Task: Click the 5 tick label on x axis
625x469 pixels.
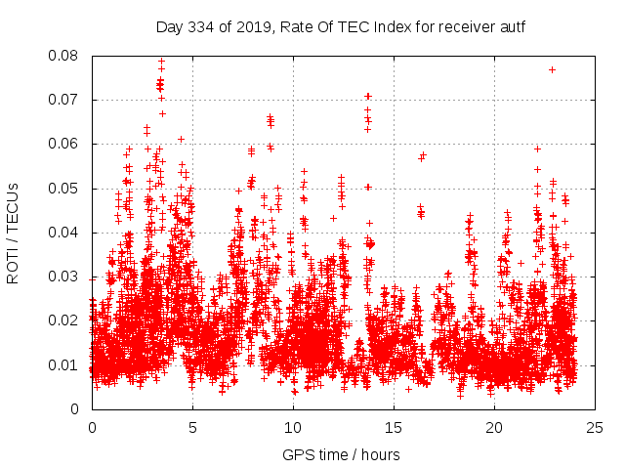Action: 192,427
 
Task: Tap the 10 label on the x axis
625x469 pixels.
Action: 293,427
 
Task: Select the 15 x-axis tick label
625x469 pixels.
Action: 394,427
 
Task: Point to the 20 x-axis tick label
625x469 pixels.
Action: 494,427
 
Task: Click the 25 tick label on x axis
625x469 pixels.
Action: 595,427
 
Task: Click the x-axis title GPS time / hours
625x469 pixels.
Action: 343,454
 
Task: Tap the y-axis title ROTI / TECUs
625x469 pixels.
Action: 13,233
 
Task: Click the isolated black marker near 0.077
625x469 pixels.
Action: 552,69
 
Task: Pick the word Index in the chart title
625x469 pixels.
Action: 395,26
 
